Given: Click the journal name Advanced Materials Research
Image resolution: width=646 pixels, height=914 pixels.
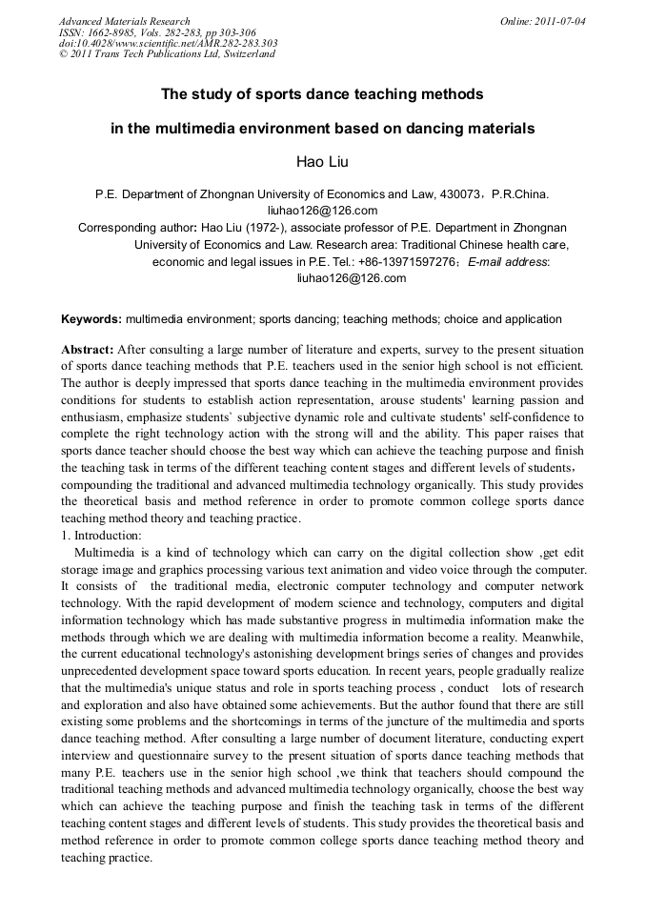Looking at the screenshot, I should (124, 21).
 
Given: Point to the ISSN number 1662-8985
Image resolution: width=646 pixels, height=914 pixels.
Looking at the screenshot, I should (109, 32).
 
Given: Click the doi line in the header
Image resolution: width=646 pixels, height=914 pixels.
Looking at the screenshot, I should (169, 43).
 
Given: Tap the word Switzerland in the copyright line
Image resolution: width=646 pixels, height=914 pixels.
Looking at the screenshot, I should (246, 54).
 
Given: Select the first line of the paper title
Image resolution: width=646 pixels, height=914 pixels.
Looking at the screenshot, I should (322, 94).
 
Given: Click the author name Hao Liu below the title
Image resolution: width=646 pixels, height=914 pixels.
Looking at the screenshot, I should (323, 161).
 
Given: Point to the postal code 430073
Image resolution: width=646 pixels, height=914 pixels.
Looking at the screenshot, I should (459, 194).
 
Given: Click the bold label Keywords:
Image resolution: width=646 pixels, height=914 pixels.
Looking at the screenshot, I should (91, 319).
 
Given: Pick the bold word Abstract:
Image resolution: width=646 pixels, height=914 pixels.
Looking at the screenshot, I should (88, 350).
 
